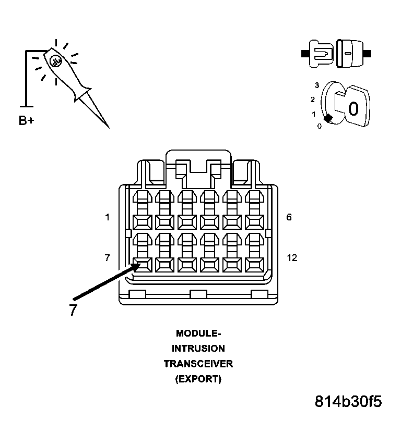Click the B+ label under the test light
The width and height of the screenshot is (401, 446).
click(x=27, y=121)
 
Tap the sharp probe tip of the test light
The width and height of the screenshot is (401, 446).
click(x=108, y=127)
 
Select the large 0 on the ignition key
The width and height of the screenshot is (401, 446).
click(x=353, y=109)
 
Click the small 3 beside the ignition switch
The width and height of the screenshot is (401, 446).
click(x=316, y=84)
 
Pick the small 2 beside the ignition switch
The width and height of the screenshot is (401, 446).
click(x=312, y=99)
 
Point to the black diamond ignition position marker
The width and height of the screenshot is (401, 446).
click(x=327, y=119)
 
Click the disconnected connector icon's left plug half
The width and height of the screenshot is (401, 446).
click(x=320, y=53)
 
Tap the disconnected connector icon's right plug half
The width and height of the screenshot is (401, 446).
click(x=348, y=53)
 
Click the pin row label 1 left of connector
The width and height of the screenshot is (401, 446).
click(x=108, y=217)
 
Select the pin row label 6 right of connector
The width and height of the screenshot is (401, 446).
click(x=289, y=217)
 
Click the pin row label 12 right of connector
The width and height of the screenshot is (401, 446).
click(x=292, y=257)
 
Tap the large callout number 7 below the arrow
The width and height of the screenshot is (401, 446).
click(x=73, y=310)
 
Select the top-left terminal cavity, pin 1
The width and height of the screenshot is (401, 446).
click(x=143, y=221)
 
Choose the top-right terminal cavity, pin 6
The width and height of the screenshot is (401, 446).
click(x=254, y=221)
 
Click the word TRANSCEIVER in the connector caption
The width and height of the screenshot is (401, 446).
click(x=198, y=364)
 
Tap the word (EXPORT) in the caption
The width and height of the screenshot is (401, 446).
click(x=198, y=379)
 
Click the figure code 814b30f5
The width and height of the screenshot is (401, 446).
click(x=348, y=402)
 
